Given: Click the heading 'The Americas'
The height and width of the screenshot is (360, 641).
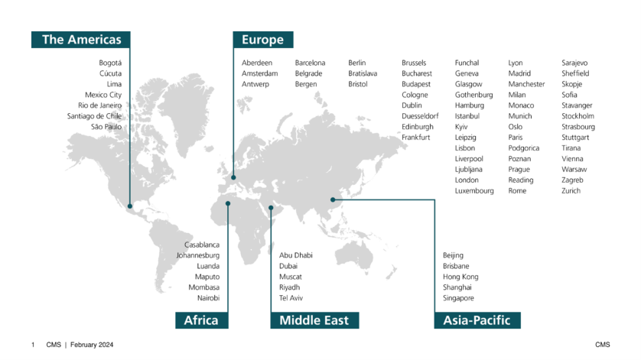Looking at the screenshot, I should pos(80,40).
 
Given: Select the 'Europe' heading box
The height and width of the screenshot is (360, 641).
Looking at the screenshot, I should pos(262,40).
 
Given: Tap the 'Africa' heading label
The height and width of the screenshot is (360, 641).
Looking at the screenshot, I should pos(201,320).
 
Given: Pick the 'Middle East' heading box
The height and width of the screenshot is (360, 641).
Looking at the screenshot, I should pos(314,320).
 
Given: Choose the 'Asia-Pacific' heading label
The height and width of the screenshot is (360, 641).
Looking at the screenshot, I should pos(477,320).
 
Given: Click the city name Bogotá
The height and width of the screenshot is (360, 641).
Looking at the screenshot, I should pos(110,63).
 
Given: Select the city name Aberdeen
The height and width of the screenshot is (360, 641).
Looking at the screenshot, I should pos(257,63).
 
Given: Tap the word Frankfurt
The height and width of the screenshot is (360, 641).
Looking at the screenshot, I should pos(417,138).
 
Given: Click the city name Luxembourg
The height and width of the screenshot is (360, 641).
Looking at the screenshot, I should pos(474,191).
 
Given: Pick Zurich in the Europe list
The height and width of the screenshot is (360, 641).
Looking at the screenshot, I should pos(571,191).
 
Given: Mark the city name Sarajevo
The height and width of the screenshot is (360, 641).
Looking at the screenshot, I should pos(576,63).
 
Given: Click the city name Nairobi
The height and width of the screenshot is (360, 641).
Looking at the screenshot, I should pos(208,298).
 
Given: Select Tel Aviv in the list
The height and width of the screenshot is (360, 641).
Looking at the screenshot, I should pos(291,298).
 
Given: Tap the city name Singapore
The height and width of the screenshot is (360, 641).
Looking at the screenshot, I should pos(458,298).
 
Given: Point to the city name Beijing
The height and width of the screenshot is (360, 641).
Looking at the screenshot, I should pos(453,255).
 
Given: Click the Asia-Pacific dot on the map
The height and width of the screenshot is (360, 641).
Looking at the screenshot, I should pos(333,200).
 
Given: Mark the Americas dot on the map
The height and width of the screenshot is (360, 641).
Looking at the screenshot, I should pos(130,206).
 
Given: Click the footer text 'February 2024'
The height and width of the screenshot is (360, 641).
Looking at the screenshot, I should pos(92,345).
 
